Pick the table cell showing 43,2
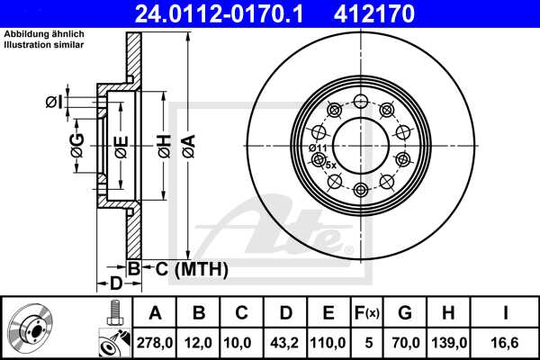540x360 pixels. click(x=285, y=342)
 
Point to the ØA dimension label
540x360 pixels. click(x=186, y=143)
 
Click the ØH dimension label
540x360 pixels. click(x=163, y=143)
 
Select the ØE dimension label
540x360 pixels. click(x=120, y=145)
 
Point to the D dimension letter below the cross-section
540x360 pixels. click(x=114, y=285)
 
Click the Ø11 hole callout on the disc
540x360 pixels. click(x=316, y=148)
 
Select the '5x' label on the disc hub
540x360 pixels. click(x=330, y=165)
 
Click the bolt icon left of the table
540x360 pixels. click(x=113, y=316)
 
